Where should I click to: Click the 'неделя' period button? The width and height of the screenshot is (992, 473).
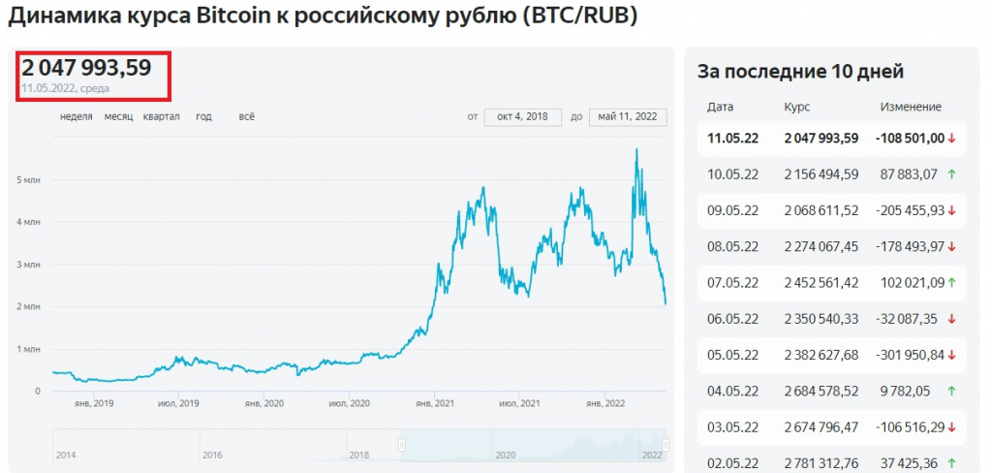pyautogui.click(x=76, y=116)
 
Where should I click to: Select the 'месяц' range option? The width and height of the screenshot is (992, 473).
pyautogui.click(x=118, y=116)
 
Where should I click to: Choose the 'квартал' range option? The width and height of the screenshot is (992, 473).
pyautogui.click(x=161, y=116)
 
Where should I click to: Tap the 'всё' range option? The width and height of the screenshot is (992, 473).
pyautogui.click(x=246, y=116)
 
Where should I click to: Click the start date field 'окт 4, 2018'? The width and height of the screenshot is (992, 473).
pyautogui.click(x=522, y=116)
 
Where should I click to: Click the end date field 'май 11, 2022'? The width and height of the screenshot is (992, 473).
pyautogui.click(x=628, y=116)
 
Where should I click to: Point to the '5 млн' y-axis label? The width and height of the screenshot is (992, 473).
pyautogui.click(x=29, y=179)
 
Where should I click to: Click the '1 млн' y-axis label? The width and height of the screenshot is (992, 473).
pyautogui.click(x=29, y=349)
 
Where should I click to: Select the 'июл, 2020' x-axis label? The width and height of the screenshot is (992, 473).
pyautogui.click(x=350, y=403)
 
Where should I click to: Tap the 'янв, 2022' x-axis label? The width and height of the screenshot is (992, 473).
pyautogui.click(x=606, y=403)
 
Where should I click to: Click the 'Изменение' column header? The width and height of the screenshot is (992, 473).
pyautogui.click(x=911, y=107)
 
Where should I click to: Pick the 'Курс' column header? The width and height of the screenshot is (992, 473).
pyautogui.click(x=796, y=107)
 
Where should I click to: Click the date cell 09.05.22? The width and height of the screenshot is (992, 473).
pyautogui.click(x=732, y=210)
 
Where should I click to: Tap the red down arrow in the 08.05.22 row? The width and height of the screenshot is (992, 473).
pyautogui.click(x=952, y=246)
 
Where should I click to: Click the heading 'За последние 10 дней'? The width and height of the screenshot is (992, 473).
pyautogui.click(x=800, y=71)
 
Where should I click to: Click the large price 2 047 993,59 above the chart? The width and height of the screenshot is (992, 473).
pyautogui.click(x=87, y=68)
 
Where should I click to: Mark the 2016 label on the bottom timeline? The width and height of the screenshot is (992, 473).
pyautogui.click(x=213, y=454)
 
